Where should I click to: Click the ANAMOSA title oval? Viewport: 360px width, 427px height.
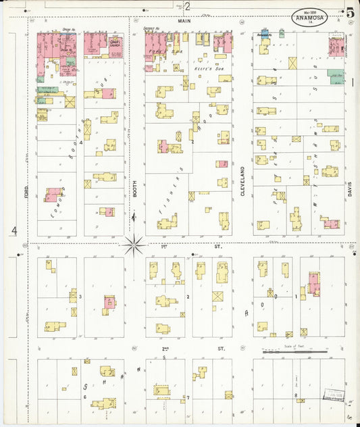tap(311, 18)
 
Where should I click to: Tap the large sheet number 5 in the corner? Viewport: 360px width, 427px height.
tap(350, 13)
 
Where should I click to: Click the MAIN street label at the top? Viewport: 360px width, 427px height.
tap(181, 22)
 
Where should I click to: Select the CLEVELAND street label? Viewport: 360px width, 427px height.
tap(242, 181)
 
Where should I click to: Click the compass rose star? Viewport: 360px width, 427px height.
tap(134, 243)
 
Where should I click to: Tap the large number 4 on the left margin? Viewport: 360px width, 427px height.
tap(14, 231)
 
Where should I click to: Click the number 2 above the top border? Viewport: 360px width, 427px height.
tap(188, 7)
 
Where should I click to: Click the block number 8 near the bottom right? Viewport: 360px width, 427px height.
tap(295, 395)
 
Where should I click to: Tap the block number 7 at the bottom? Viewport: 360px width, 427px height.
tap(188, 397)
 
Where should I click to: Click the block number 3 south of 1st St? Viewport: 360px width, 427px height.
tap(80, 297)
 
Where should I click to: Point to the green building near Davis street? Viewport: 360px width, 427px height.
tap(336, 76)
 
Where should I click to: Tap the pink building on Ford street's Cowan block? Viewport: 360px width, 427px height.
tap(51, 195)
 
